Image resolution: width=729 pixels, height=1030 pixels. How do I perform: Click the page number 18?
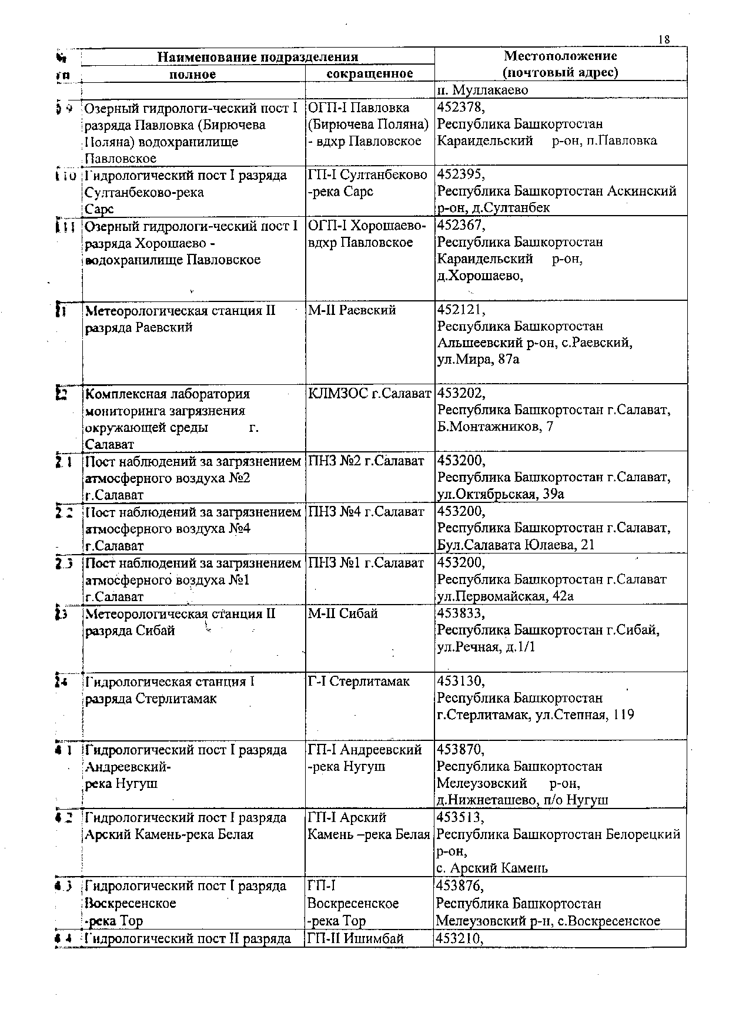click(664, 39)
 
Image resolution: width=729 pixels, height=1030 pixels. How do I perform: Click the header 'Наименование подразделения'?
click(258, 57)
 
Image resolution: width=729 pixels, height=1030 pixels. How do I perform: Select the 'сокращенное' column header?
click(369, 73)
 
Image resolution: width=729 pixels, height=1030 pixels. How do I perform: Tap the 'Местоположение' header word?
click(560, 56)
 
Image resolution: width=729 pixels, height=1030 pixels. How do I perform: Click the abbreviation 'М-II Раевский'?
click(352, 310)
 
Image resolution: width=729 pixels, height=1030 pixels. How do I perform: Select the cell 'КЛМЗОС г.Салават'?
click(369, 394)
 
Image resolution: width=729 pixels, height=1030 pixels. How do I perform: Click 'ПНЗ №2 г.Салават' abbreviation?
click(366, 461)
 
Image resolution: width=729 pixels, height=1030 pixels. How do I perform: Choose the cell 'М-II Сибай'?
click(343, 614)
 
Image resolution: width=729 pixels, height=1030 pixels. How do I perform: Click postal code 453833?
click(460, 614)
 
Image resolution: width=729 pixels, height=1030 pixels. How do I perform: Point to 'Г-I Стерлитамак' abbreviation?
click(359, 682)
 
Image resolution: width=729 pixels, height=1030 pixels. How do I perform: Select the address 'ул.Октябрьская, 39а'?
click(501, 494)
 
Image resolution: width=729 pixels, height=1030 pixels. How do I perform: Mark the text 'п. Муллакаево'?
click(482, 90)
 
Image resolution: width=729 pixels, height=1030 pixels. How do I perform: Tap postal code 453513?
click(460, 818)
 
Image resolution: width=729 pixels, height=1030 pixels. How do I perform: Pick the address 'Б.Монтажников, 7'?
click(495, 427)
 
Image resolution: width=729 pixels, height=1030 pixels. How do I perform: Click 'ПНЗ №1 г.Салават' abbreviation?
click(366, 563)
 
